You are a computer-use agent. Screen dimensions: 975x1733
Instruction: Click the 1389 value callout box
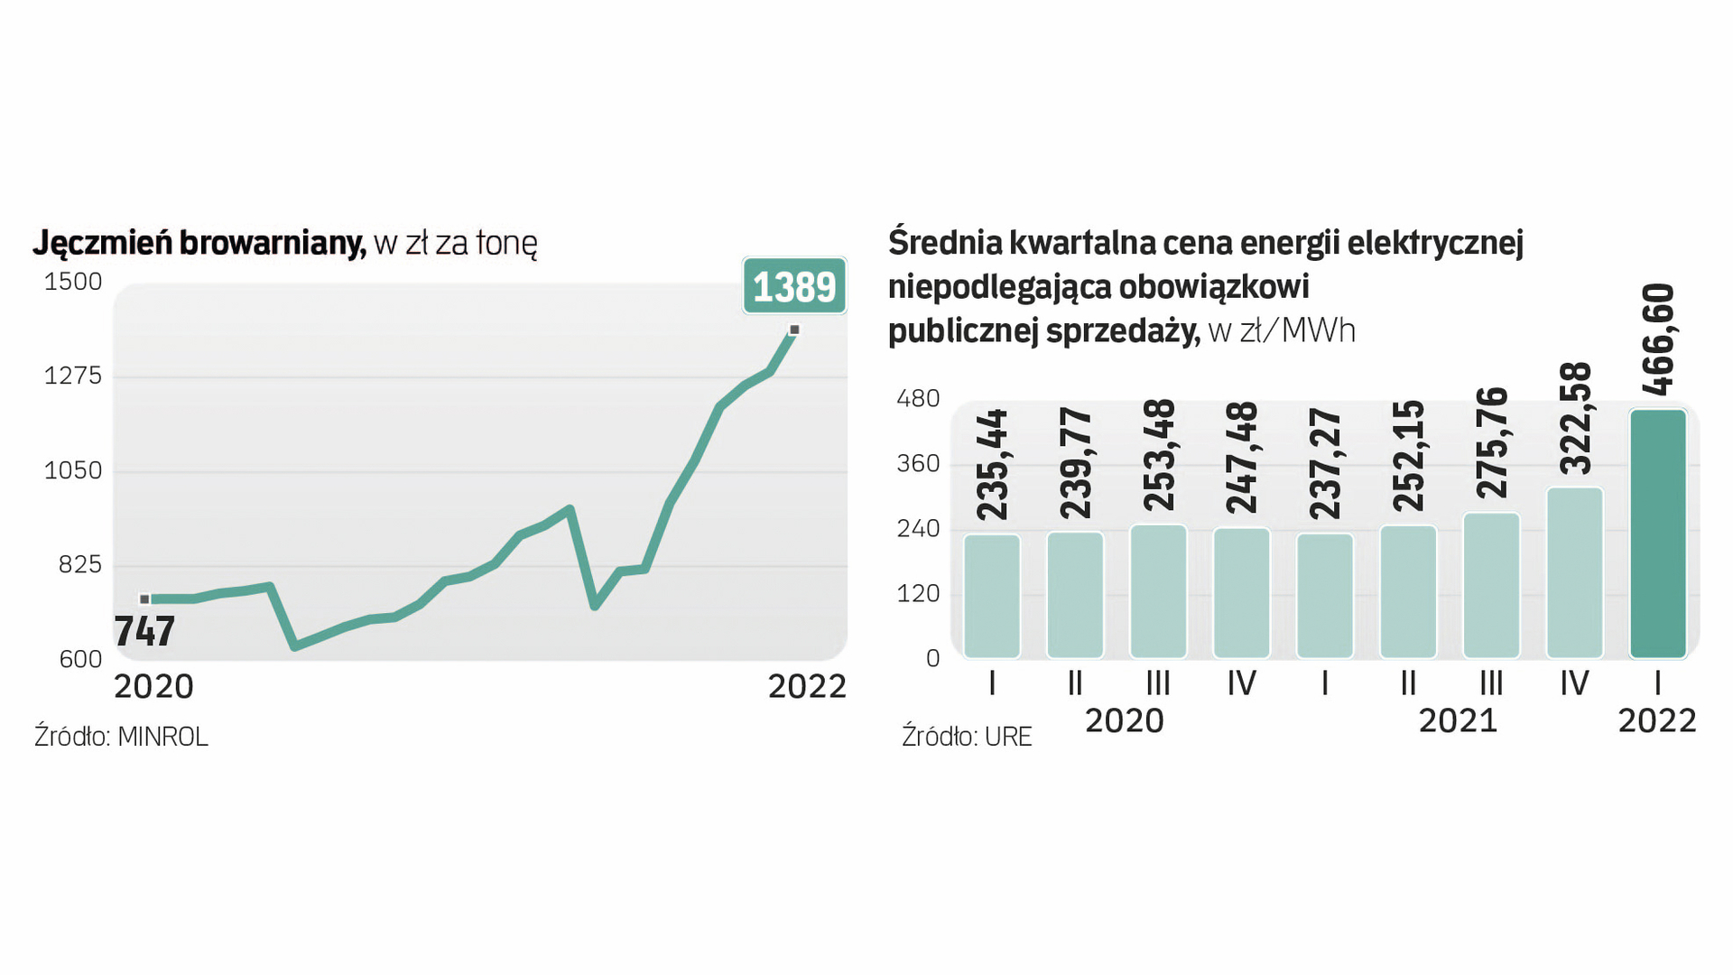point(794,286)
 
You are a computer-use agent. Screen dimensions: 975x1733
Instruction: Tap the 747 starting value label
point(144,631)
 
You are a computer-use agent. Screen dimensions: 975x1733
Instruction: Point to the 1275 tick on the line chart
point(73,376)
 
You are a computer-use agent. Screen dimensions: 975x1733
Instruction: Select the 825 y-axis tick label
point(80,565)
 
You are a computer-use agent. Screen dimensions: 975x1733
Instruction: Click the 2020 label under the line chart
point(153,687)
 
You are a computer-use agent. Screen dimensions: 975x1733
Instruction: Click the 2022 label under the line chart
point(807,687)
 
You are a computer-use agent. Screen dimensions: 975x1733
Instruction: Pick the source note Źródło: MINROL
point(121,737)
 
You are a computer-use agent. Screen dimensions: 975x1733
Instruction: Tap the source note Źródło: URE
point(967,737)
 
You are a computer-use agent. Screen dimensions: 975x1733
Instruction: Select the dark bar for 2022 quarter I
point(1658,534)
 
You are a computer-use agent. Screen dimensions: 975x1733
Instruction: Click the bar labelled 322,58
point(1575,573)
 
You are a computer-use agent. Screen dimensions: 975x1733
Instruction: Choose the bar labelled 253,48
point(1158,591)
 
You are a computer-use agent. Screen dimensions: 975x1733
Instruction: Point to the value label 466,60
point(1659,339)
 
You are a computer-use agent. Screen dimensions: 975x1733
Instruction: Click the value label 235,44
point(993,465)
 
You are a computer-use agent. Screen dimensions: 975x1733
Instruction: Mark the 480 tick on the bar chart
point(918,399)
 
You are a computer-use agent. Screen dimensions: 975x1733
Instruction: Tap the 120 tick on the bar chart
point(918,594)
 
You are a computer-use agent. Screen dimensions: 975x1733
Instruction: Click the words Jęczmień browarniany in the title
point(199,243)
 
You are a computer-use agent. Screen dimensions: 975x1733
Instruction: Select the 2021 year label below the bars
point(1458,721)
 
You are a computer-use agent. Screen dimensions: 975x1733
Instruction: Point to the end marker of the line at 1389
point(794,330)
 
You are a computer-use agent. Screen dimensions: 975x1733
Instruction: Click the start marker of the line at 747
point(144,599)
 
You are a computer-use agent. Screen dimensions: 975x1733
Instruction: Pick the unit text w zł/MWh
point(1282,331)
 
